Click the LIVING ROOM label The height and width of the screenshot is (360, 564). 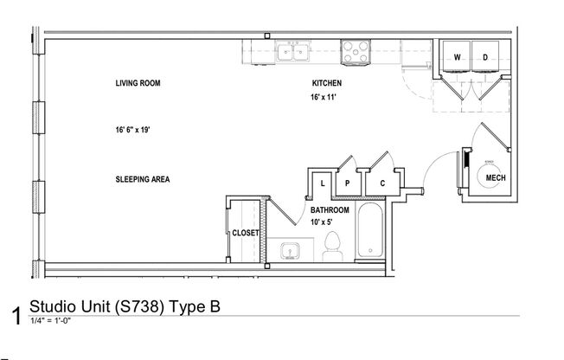pos(138,84)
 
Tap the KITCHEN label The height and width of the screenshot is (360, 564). pos(327,84)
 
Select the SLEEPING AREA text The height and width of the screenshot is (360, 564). pos(142,180)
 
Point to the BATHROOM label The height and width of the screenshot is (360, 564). pos(330,210)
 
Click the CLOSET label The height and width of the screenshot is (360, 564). pos(246,233)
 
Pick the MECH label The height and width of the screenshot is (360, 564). pos(495,178)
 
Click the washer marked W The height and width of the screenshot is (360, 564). pos(457,57)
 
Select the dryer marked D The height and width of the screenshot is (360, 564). pos(484,57)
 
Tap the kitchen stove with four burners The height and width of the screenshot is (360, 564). pos(355,55)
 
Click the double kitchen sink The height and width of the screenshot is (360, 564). pos(295,55)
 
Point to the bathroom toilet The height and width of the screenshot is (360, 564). pos(330,249)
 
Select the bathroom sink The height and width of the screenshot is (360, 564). pos(289,252)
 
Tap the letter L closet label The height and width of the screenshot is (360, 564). pos(322,183)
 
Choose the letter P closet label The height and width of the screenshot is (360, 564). pos(346,183)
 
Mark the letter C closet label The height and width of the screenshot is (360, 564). pos(381,183)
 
